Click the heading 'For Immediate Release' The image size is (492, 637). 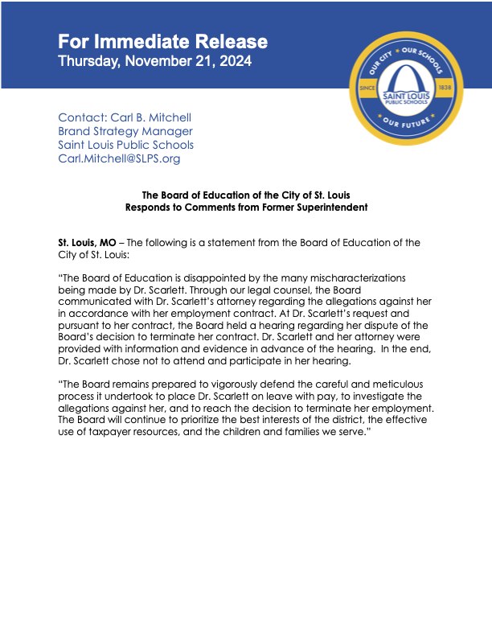click(x=162, y=42)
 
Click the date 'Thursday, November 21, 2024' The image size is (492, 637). click(x=155, y=61)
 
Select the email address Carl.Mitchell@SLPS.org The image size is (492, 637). click(x=119, y=158)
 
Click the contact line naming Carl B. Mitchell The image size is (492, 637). click(x=125, y=117)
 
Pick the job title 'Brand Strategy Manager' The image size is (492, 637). click(x=125, y=131)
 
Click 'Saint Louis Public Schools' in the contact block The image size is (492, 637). click(x=125, y=145)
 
